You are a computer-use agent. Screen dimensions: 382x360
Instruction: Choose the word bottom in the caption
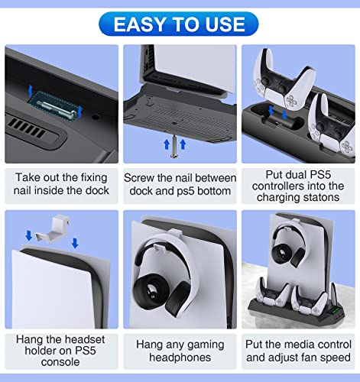click(x=215, y=189)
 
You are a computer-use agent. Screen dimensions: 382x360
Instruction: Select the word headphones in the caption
click(x=180, y=360)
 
